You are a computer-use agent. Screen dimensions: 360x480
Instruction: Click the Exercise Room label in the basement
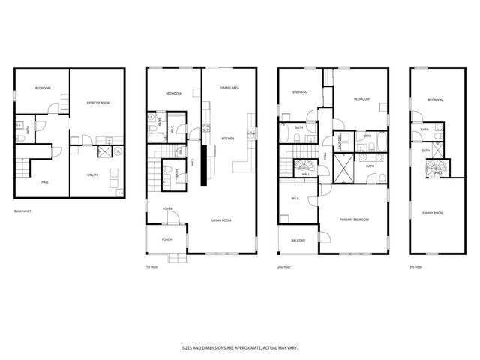click(x=98, y=101)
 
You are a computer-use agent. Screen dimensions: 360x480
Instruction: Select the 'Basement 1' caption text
click(x=25, y=211)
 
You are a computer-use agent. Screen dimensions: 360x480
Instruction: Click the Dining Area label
click(x=229, y=88)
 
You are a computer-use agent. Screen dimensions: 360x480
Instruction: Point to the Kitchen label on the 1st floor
click(x=229, y=139)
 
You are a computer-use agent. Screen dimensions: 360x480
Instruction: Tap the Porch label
click(x=167, y=239)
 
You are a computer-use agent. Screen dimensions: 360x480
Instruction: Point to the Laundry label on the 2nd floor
click(x=341, y=139)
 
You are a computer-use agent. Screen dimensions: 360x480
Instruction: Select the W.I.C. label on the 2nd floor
click(x=296, y=199)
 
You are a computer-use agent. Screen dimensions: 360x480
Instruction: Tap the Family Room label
click(x=434, y=213)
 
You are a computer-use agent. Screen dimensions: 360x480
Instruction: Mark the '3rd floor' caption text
click(x=415, y=267)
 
